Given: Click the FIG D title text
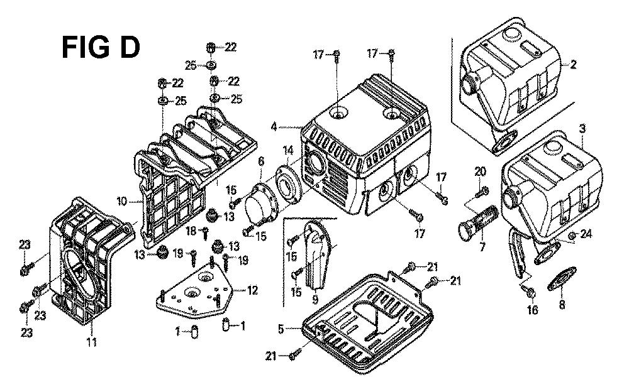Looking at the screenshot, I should [x=101, y=48].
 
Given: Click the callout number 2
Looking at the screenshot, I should [x=573, y=64].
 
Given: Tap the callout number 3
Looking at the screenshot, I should [x=582, y=128].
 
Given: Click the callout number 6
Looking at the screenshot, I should [x=260, y=163].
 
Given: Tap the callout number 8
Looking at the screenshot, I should [x=562, y=305].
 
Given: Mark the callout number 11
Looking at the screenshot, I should [x=91, y=342].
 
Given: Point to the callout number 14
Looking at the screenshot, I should [x=287, y=150].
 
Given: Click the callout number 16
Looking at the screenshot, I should [x=533, y=310].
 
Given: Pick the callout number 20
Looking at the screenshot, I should [x=481, y=171].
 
